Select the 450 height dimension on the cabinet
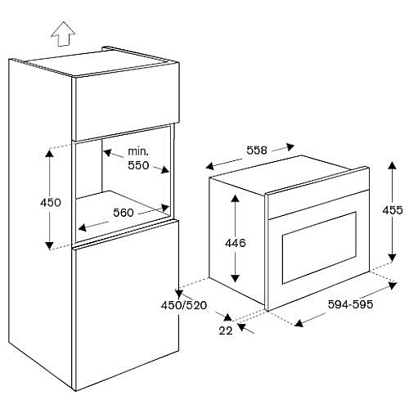(x=51, y=203)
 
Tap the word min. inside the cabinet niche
(x=138, y=151)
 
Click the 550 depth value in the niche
(x=138, y=165)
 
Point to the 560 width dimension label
(x=124, y=213)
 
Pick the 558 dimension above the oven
(x=257, y=151)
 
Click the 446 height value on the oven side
(x=236, y=243)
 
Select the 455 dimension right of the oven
(x=393, y=210)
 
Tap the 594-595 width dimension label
(x=350, y=304)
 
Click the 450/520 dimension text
(x=184, y=305)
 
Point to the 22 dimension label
(x=226, y=330)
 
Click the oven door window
(x=319, y=248)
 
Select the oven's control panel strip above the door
(x=318, y=205)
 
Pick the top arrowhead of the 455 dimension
(x=392, y=165)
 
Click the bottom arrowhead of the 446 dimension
(x=235, y=278)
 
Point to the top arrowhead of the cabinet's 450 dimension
(x=49, y=154)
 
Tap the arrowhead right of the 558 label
(x=290, y=146)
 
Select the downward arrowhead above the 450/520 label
(x=179, y=294)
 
